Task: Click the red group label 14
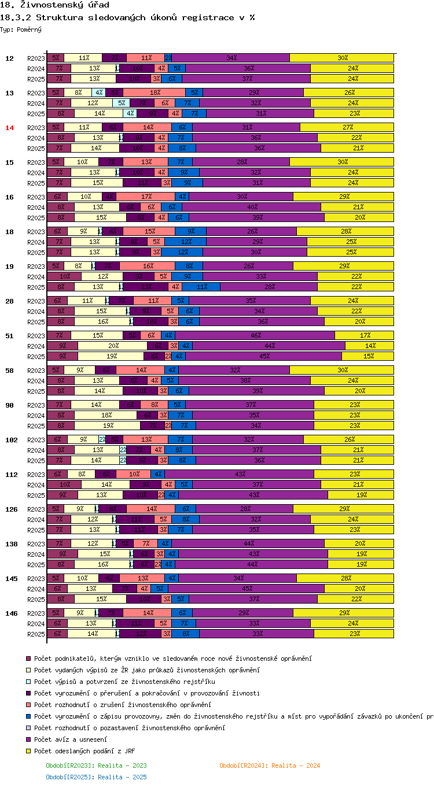(9, 128)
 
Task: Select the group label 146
(11, 613)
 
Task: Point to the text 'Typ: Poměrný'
(21, 29)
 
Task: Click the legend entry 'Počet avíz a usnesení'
(70, 739)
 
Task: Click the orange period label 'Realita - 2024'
(270, 765)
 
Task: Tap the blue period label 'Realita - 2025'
(97, 777)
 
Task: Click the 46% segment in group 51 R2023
(255, 335)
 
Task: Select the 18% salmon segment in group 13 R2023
(155, 93)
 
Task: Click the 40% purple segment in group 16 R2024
(252, 207)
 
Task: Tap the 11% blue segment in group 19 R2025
(201, 287)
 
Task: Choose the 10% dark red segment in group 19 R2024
(64, 276)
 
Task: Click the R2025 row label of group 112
(36, 495)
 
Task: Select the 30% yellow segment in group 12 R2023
(342, 58)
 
